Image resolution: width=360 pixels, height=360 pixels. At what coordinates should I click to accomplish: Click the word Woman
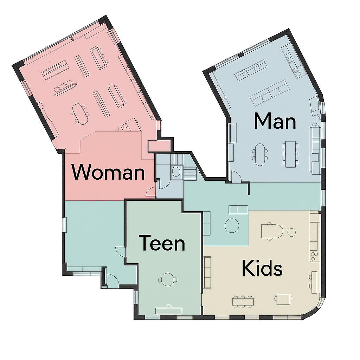click(108, 172)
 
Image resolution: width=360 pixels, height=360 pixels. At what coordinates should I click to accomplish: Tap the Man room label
click(275, 121)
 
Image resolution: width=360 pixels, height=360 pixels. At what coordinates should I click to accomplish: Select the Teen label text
click(162, 243)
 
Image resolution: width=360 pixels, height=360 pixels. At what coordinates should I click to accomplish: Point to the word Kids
click(262, 268)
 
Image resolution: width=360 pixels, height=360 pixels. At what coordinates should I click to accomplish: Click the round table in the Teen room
click(168, 279)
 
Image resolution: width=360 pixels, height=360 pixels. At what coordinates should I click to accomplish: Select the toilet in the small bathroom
click(176, 171)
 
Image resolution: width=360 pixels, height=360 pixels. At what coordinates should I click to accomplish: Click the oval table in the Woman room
click(80, 114)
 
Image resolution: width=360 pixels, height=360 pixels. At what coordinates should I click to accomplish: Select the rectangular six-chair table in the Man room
click(290, 154)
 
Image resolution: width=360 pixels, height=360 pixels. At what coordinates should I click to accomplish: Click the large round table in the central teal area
click(232, 226)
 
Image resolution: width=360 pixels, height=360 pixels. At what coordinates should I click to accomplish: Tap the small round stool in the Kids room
click(291, 232)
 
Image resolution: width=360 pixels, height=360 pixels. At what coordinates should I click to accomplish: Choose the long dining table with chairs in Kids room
click(243, 302)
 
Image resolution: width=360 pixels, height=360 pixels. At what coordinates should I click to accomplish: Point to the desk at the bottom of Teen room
click(169, 310)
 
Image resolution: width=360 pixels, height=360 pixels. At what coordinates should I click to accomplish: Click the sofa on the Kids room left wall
click(207, 272)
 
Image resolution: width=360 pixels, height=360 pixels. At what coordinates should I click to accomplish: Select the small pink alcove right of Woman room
click(159, 146)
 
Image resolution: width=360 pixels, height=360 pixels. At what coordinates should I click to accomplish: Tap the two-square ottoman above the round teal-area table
click(238, 210)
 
